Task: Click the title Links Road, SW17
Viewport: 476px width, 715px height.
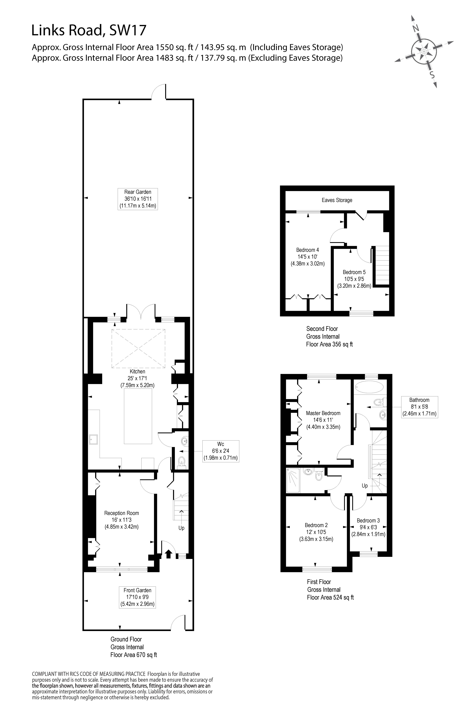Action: click(89, 31)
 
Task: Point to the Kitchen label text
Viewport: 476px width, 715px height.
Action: click(137, 372)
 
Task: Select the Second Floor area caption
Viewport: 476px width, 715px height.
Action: click(329, 337)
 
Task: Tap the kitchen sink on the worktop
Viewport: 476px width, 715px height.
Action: click(93, 439)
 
